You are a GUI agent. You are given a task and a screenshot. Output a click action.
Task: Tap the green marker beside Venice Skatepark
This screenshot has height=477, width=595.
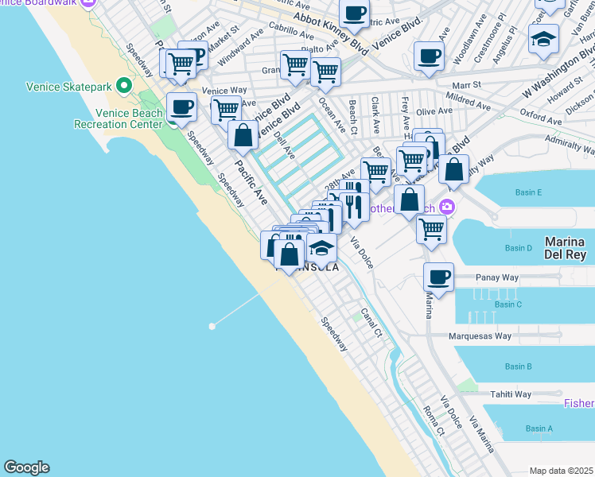(x=123, y=85)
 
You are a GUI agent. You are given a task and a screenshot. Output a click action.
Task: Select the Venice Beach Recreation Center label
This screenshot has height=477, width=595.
(x=119, y=118)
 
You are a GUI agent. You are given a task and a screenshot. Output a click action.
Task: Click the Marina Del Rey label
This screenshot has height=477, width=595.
(x=565, y=248)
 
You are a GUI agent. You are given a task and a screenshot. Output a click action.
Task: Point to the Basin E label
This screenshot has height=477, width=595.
(x=528, y=192)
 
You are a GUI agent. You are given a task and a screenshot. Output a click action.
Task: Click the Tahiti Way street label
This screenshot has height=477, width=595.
(x=511, y=394)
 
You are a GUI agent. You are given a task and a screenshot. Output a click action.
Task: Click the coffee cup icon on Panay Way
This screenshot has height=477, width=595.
(x=438, y=278)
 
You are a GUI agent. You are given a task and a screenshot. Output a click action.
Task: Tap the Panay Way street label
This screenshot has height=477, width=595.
(x=497, y=277)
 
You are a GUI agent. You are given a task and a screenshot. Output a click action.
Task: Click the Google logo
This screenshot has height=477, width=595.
(x=26, y=467)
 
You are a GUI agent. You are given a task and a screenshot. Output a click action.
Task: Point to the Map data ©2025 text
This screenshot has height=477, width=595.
(x=562, y=471)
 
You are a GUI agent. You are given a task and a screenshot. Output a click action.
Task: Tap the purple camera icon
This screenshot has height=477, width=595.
(x=447, y=207)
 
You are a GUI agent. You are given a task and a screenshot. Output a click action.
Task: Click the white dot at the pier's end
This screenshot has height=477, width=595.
(x=212, y=326)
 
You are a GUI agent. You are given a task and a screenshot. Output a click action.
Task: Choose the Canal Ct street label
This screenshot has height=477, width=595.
(x=371, y=323)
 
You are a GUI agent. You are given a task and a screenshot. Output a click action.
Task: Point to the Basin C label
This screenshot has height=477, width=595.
(x=507, y=304)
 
